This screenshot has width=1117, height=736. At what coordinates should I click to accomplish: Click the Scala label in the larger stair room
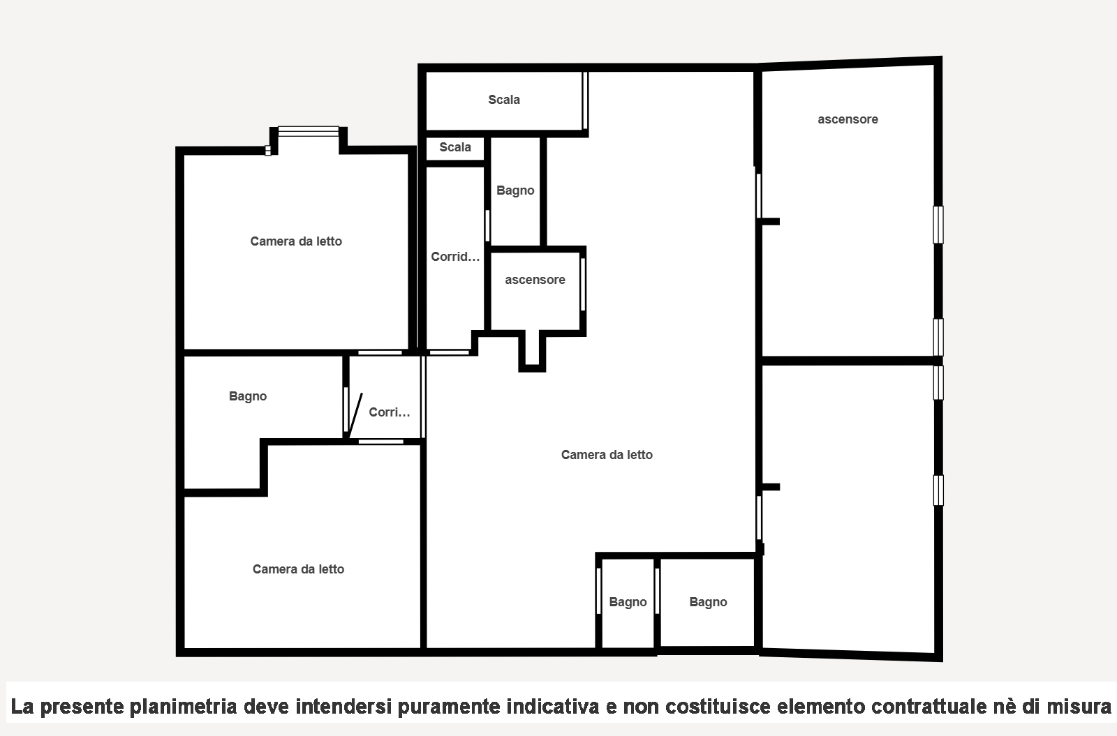503,100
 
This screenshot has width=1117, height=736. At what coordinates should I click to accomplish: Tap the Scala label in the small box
454,147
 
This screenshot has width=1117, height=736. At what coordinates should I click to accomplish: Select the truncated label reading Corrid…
455,257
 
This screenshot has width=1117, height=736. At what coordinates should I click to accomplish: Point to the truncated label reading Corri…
390,412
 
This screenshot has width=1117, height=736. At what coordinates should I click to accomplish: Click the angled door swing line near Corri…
355,415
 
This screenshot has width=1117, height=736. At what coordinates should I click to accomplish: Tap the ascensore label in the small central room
535,280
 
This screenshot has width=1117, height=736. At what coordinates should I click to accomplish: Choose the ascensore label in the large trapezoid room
848,119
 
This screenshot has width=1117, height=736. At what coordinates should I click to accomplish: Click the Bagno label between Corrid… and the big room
515,190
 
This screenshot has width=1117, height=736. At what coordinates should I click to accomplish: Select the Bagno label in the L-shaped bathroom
248,396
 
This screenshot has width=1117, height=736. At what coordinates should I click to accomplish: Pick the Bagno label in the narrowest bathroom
628,602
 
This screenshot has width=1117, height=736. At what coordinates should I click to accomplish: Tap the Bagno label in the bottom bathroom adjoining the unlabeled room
708,602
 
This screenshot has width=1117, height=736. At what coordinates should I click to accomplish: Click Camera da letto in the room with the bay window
296,241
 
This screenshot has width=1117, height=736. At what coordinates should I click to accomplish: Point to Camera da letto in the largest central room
607,454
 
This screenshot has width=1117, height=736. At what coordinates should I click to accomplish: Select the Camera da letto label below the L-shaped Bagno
298,569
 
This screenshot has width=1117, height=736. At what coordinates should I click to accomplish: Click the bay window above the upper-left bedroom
308,131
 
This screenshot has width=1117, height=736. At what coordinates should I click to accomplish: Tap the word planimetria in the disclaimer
183,707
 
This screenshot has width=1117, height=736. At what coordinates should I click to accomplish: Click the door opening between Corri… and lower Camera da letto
381,442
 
